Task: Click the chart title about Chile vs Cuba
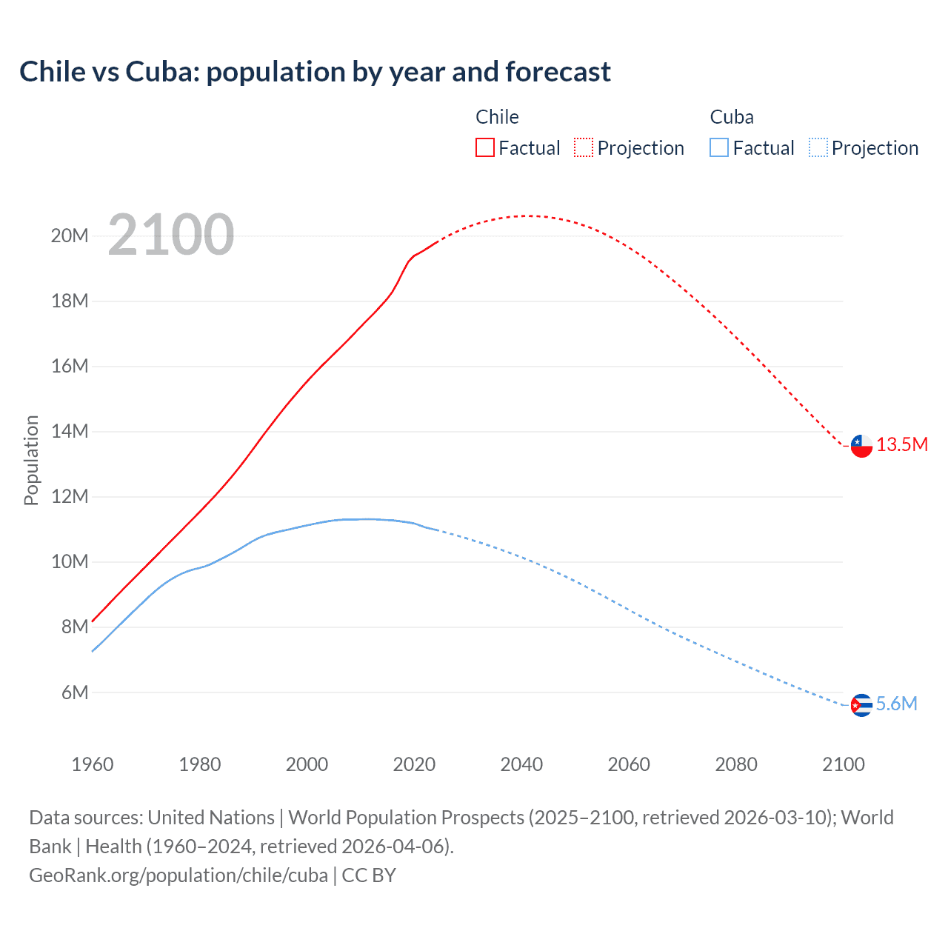(315, 72)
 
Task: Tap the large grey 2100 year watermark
(171, 235)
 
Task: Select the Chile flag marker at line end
(861, 446)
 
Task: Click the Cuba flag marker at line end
(861, 705)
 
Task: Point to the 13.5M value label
(901, 444)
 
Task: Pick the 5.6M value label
(896, 704)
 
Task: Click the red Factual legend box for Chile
(484, 147)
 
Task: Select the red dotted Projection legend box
(584, 147)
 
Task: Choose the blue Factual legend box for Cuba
(718, 147)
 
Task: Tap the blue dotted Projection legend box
(818, 147)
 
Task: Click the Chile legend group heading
(497, 117)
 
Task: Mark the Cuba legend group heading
(732, 117)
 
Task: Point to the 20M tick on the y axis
(70, 236)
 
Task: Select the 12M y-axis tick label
(70, 496)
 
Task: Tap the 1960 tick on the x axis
(93, 764)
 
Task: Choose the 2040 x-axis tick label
(521, 764)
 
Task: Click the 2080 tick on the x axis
(736, 764)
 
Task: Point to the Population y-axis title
(31, 460)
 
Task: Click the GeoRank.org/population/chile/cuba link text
(178, 875)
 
